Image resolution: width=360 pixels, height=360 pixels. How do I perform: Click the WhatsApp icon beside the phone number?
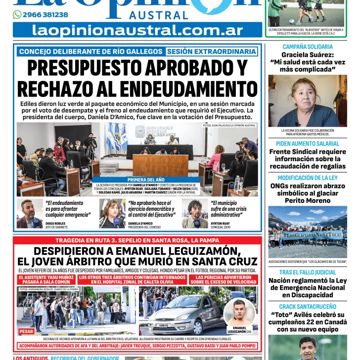click(17, 15)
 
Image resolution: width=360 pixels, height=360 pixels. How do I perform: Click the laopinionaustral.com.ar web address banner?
click(137, 30)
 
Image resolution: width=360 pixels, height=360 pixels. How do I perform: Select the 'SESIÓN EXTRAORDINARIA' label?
click(211, 51)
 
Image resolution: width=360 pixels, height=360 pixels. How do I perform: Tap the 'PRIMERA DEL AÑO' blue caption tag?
click(146, 180)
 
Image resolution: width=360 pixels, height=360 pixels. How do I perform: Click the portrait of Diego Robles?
click(29, 214)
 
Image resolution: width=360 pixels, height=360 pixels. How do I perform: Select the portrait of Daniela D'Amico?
click(112, 214)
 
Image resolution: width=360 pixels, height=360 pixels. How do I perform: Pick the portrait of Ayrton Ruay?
click(195, 214)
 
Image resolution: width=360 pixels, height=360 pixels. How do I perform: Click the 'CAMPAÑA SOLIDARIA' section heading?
click(307, 47)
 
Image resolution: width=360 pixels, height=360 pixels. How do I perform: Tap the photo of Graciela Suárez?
click(307, 101)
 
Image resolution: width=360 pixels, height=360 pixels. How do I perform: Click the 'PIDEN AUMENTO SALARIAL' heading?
click(307, 143)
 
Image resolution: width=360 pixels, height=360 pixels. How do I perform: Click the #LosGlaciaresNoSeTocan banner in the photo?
click(312, 235)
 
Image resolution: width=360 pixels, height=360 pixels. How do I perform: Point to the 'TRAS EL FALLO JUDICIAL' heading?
click(307, 272)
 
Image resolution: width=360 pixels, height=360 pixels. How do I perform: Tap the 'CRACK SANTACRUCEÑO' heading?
click(307, 307)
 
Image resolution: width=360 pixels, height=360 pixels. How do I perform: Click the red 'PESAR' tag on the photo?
click(27, 331)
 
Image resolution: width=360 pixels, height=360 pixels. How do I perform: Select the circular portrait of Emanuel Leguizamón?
click(239, 313)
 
